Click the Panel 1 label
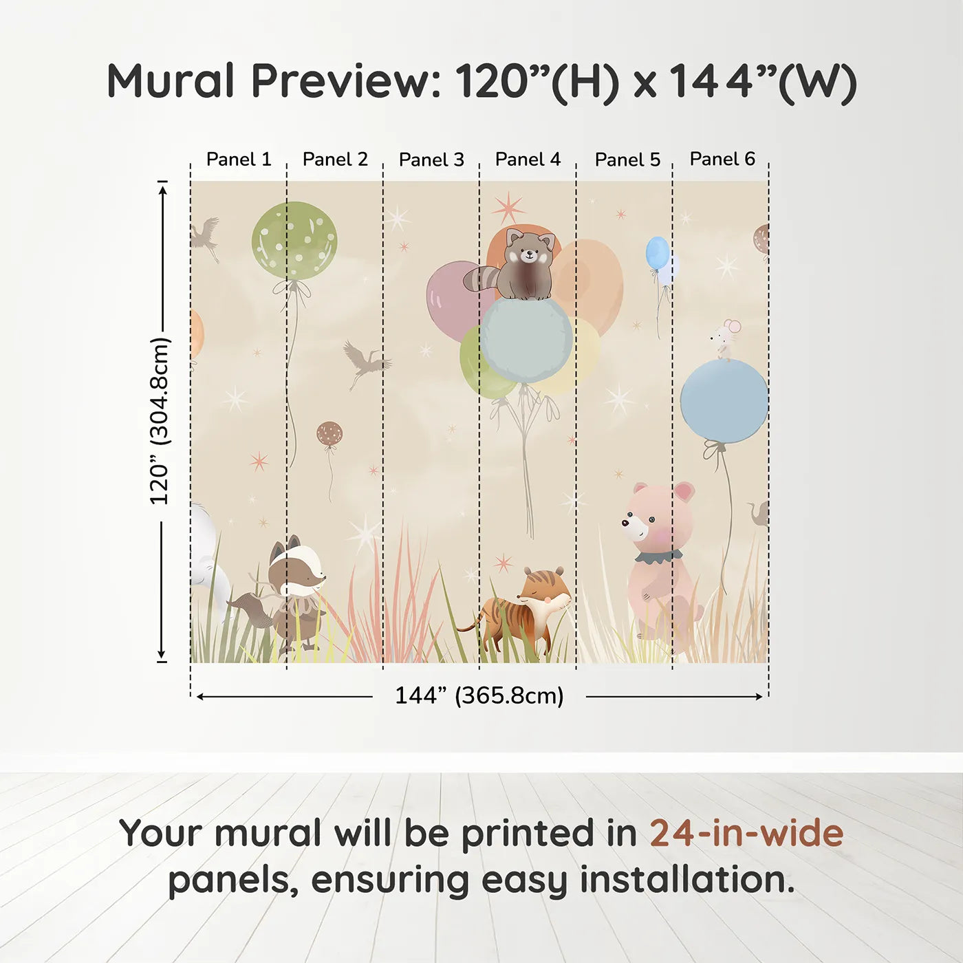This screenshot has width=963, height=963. [x=239, y=160]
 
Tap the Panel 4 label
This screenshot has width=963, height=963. [x=528, y=160]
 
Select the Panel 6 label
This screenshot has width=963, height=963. [x=722, y=159]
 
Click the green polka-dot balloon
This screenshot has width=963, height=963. [x=294, y=240]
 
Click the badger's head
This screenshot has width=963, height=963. [x=294, y=568]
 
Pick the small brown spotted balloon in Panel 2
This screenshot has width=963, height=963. [x=329, y=434]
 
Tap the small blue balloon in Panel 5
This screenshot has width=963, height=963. [x=658, y=252]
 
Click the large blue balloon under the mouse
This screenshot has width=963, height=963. [x=724, y=401]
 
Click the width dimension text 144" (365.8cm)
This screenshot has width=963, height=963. [x=479, y=695]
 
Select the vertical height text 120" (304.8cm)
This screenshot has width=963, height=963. [x=159, y=421]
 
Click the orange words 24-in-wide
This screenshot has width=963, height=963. [x=746, y=833]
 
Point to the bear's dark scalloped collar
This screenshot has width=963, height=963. [x=657, y=556]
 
